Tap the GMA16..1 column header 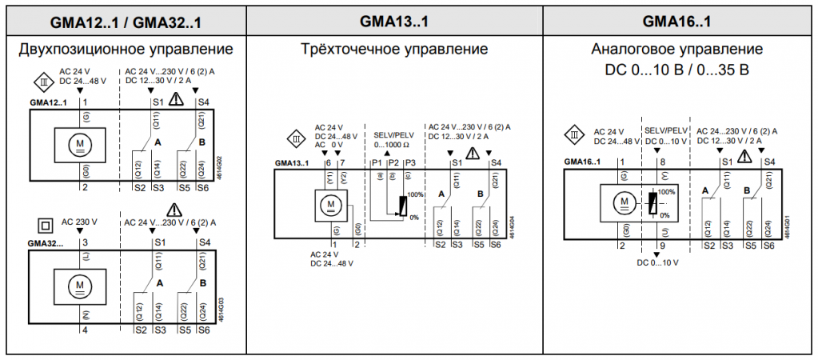coord(676,20)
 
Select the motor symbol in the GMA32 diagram coord(79,284)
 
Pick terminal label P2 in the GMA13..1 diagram coord(393,163)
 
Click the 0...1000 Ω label coord(391,145)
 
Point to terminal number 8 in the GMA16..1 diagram coord(662,162)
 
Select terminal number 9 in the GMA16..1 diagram coord(662,246)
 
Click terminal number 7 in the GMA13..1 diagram coord(342,163)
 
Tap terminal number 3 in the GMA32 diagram coord(84,242)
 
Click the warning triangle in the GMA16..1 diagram coord(744,154)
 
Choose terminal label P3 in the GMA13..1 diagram coord(410,163)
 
